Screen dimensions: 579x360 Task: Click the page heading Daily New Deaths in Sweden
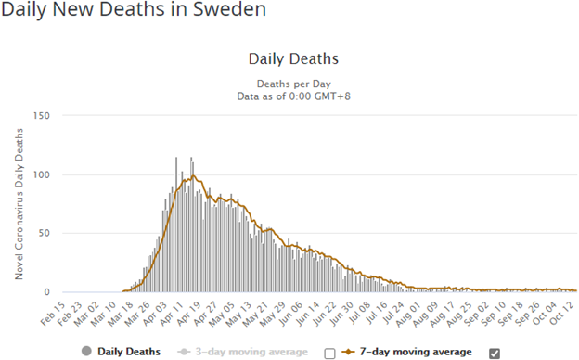pos(134,9)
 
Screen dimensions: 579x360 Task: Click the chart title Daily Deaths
pos(293,59)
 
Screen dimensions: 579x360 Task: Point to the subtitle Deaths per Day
pos(293,84)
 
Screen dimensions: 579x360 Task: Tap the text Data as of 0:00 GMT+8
pos(293,96)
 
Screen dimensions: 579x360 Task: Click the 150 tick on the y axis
pos(41,116)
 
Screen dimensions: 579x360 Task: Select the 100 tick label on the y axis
pos(41,174)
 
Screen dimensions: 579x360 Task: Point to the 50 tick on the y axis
pos(44,234)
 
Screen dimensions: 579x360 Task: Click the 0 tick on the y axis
pos(46,292)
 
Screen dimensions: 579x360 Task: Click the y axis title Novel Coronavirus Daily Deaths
pos(19,204)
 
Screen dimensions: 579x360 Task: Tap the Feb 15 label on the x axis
pos(53,314)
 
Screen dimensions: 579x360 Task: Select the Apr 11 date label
pos(172,314)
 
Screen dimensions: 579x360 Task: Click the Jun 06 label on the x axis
pos(291,314)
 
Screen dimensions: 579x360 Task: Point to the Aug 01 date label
pos(409,314)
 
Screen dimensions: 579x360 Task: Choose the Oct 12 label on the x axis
pos(562,314)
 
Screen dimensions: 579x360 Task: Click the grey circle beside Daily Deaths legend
pos(86,351)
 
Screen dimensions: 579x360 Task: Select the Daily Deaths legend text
pos(129,352)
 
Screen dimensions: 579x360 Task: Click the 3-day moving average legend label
pos(251,352)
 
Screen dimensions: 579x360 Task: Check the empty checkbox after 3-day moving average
pos(329,354)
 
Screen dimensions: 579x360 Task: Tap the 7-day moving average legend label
pos(416,352)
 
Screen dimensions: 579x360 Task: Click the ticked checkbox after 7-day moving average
pos(495,354)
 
